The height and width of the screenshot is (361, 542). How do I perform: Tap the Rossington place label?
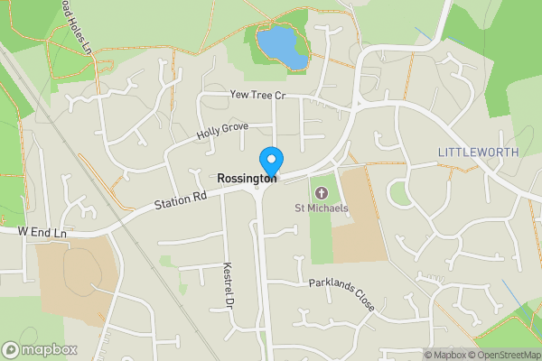point(247,180)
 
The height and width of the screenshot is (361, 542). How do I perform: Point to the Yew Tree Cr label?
point(257,95)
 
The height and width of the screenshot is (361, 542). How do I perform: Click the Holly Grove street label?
point(222,132)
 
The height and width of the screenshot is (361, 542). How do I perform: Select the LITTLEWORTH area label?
point(479,152)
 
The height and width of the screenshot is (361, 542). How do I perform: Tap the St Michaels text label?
point(322,208)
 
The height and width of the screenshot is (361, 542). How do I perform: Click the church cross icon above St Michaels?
point(322,192)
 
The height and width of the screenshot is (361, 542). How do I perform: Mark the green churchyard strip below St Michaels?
point(320,239)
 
